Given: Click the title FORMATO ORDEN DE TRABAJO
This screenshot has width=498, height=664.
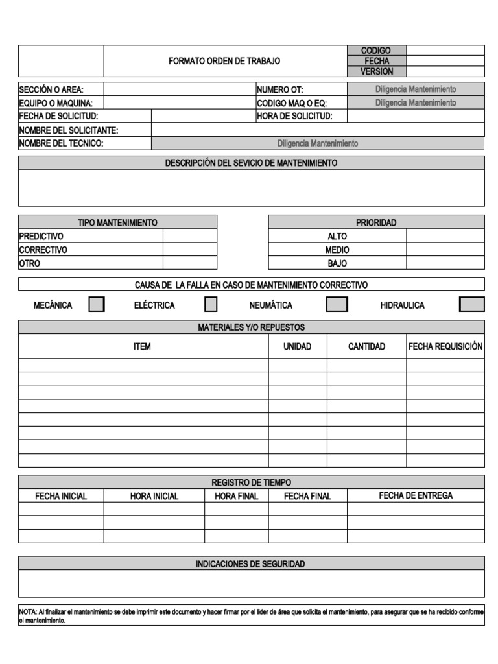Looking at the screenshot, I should [224, 61].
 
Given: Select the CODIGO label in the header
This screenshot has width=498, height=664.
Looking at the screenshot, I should [376, 51].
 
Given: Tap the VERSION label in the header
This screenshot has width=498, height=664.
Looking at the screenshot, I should [376, 71].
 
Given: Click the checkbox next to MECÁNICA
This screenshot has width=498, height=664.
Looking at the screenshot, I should [97, 304].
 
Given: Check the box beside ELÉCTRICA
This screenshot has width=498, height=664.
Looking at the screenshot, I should [211, 304].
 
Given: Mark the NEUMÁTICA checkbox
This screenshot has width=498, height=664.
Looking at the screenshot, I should [337, 304].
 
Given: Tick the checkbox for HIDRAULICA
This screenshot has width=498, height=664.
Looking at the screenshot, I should [471, 304].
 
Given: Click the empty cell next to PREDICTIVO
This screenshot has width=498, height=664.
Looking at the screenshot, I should [189, 236].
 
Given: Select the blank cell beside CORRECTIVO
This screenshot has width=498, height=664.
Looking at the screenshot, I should [189, 250].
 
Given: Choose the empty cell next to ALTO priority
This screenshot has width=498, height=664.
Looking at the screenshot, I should [445, 236].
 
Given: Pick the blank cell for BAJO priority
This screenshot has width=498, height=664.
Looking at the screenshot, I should [445, 263].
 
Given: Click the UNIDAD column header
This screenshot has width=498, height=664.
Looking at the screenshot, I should [297, 346].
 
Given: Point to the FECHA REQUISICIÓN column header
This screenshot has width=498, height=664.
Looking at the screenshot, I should [445, 346].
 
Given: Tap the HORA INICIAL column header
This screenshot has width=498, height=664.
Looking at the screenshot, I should [154, 496].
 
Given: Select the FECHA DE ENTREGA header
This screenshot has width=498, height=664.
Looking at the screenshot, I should [416, 495].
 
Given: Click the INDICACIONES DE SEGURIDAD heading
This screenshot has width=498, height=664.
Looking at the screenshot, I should [250, 564].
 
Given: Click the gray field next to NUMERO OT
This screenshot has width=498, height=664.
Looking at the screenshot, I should [416, 89].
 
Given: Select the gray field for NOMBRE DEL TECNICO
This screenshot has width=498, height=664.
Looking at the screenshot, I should [318, 143].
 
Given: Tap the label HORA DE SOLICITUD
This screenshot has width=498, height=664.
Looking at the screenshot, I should [294, 116].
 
